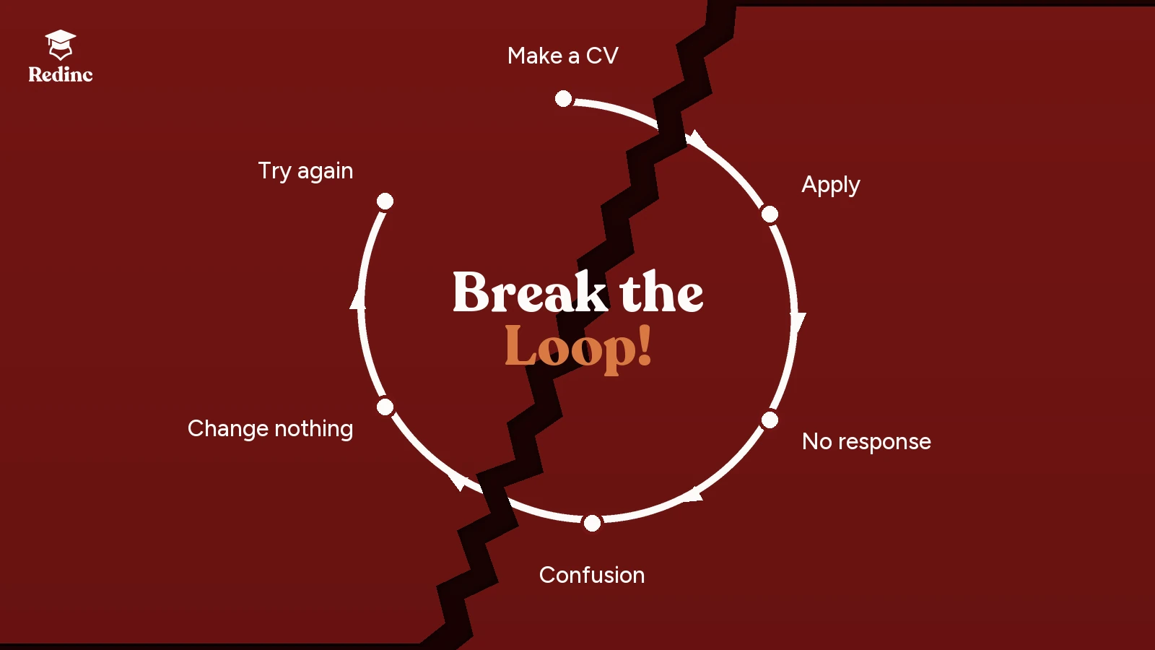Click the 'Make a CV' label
click(x=562, y=56)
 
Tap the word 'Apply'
click(x=831, y=185)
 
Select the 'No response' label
click(x=866, y=441)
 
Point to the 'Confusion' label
click(x=592, y=575)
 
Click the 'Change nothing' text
click(x=270, y=429)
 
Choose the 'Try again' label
click(x=306, y=171)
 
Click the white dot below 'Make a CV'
click(x=564, y=98)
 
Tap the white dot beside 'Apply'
click(x=770, y=214)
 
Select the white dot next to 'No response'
click(x=770, y=420)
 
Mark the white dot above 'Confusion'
click(x=593, y=523)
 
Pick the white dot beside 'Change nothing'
click(x=385, y=407)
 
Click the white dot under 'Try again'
click(x=385, y=201)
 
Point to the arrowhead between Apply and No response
click(x=798, y=322)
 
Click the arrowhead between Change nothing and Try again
click(x=358, y=299)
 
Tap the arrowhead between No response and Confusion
click(x=692, y=495)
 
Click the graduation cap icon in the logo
click(x=61, y=44)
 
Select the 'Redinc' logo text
click(x=61, y=75)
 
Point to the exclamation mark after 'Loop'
click(x=644, y=345)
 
